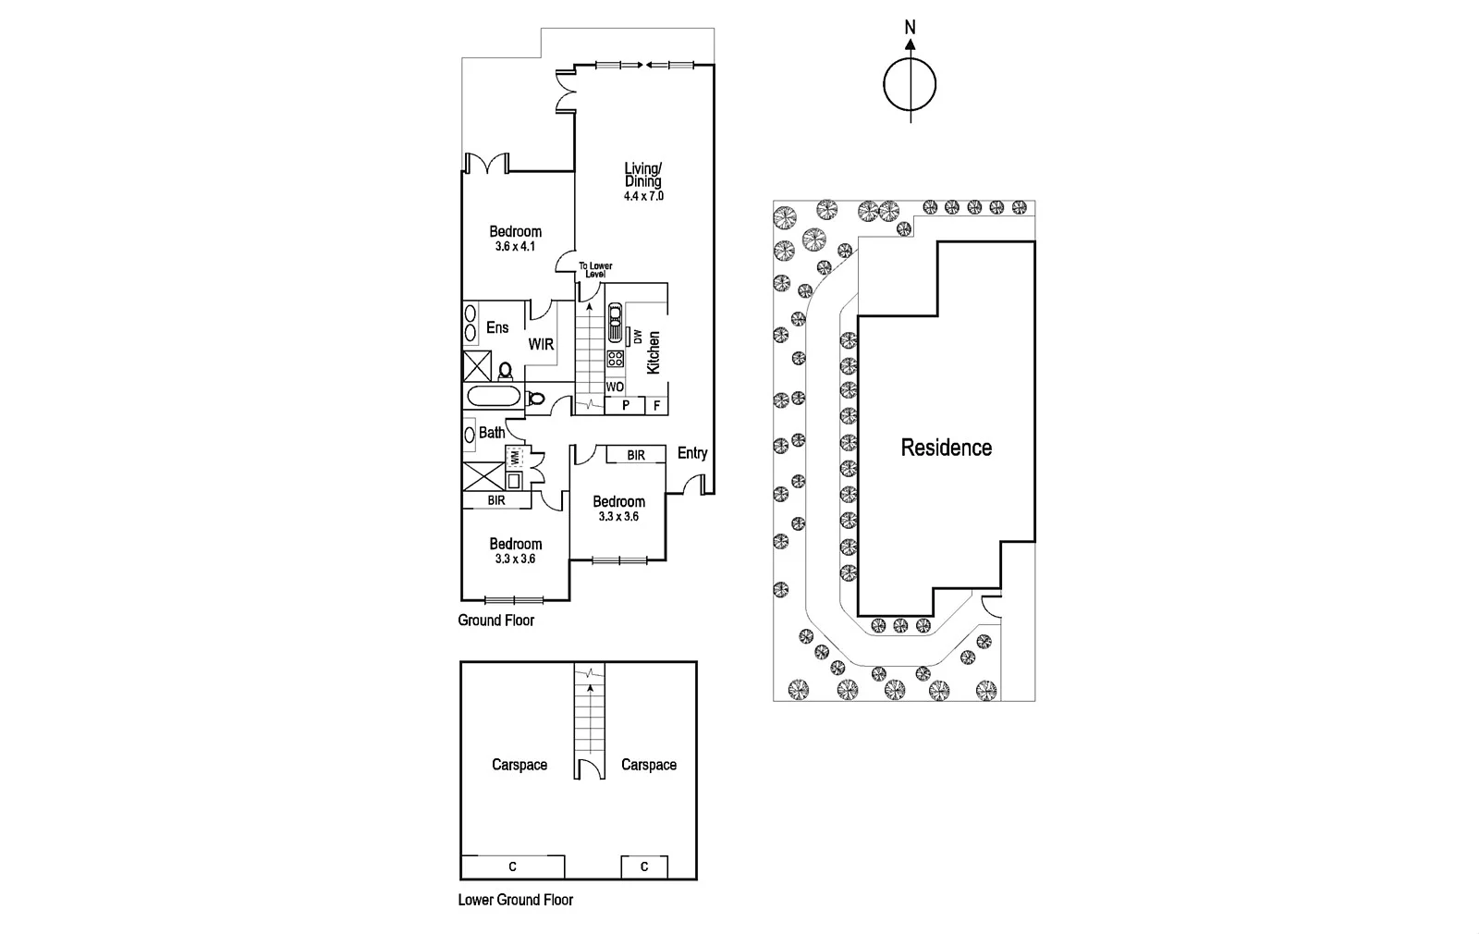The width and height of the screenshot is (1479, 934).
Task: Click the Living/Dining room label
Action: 643,175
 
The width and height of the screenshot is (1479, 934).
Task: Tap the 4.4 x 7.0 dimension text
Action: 643,196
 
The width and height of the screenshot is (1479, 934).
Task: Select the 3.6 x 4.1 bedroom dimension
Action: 515,246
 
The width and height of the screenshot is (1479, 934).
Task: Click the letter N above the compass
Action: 910,27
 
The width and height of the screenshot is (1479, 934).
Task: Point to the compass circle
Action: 910,84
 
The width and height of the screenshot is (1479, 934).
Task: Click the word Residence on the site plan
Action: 947,448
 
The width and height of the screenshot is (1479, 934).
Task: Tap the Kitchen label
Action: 653,352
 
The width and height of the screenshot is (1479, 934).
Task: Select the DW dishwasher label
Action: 638,337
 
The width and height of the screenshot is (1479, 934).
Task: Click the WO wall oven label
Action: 615,387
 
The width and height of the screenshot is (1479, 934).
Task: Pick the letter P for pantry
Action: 625,405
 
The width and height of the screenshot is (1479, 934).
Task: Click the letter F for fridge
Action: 657,406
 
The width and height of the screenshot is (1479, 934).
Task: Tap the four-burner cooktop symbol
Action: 616,359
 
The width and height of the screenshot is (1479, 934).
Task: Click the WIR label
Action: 541,344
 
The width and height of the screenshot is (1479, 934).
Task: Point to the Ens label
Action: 497,327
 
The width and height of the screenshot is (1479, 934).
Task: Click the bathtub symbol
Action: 494,397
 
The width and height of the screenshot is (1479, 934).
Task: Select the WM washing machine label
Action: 514,456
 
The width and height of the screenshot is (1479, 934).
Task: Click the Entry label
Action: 692,453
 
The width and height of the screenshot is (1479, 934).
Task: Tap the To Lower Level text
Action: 595,269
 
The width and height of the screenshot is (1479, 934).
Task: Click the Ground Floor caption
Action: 495,621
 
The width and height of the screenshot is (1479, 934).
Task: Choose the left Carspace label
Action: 519,765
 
